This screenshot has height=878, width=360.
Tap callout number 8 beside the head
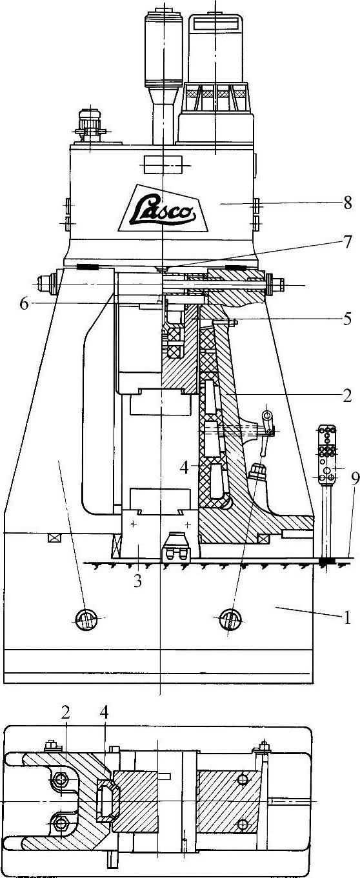click(x=348, y=203)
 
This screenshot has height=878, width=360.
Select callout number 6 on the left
click(x=24, y=304)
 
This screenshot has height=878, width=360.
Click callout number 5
click(x=346, y=319)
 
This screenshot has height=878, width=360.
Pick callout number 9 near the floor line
click(x=355, y=479)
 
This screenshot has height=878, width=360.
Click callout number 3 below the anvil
click(x=137, y=581)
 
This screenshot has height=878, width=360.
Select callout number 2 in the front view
click(x=346, y=396)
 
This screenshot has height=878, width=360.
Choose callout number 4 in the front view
click(x=185, y=467)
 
